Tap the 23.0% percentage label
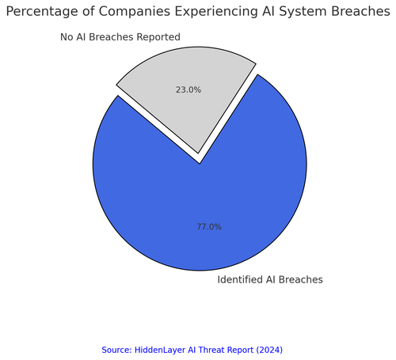click(x=188, y=90)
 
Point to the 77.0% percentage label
click(x=209, y=227)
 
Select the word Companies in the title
click(x=135, y=12)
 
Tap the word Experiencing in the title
click(x=216, y=12)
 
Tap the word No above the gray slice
click(x=67, y=37)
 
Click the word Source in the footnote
click(x=116, y=350)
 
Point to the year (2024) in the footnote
click(x=269, y=350)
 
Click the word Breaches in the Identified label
click(x=300, y=279)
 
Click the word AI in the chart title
click(x=268, y=12)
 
